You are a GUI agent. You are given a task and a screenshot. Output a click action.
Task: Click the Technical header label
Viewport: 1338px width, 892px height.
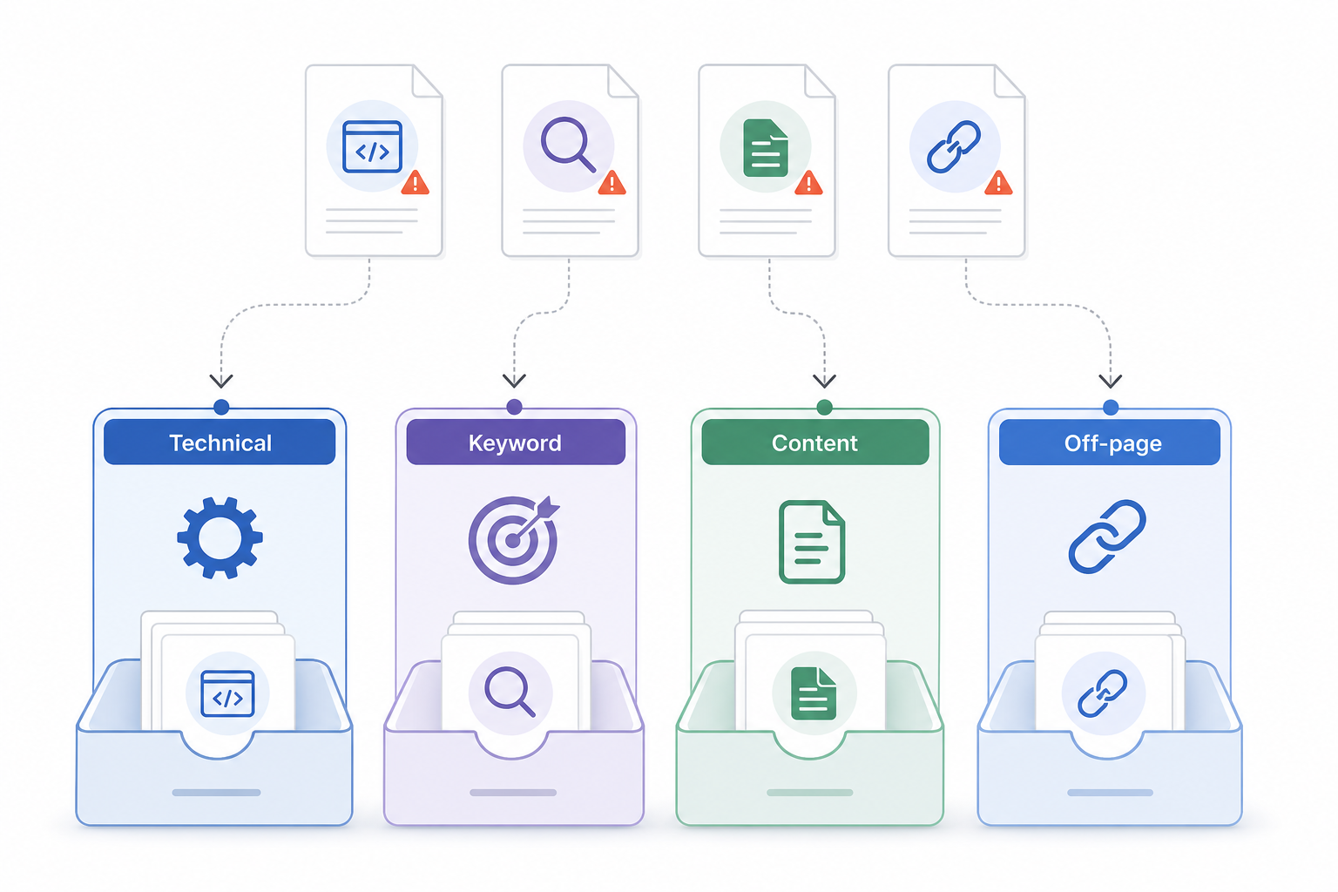tap(220, 443)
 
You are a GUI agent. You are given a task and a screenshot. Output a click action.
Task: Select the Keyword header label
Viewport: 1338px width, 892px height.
tap(515, 443)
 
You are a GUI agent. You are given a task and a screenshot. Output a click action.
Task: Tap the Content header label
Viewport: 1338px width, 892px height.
tap(814, 443)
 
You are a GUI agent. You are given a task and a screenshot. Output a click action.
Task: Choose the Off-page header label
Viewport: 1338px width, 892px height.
tap(1112, 443)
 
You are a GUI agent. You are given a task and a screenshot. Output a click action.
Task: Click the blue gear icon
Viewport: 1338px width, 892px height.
tap(220, 537)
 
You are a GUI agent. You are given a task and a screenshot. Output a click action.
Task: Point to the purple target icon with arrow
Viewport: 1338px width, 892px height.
tap(514, 539)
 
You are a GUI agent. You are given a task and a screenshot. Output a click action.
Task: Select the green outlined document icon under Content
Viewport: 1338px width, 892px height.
tap(812, 541)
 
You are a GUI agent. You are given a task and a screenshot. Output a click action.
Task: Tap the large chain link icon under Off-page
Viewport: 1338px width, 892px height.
tap(1107, 536)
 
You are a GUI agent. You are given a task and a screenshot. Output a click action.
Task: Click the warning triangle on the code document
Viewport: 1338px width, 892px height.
tap(416, 183)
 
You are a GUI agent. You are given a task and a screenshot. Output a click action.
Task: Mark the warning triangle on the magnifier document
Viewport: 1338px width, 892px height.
tap(612, 183)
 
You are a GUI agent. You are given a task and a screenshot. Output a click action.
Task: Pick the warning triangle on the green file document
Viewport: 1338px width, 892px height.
tap(808, 183)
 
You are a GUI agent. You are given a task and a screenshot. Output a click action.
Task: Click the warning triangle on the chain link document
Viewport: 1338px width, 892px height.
tap(998, 183)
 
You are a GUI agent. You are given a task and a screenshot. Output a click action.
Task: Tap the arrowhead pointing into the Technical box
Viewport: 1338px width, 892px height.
tap(221, 381)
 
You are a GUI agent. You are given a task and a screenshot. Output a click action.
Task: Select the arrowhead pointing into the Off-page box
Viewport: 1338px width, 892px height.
tap(1111, 381)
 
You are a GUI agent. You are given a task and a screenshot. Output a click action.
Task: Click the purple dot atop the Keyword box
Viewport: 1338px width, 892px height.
tap(514, 407)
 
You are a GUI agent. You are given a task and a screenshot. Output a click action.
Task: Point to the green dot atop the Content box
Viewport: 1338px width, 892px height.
tap(824, 408)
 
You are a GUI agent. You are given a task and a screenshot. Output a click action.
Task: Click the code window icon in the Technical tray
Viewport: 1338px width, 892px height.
tap(227, 693)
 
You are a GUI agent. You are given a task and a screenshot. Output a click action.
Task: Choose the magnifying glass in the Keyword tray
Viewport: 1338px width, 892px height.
tap(510, 692)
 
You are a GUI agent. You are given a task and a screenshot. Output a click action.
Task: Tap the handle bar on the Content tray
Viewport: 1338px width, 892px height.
tap(809, 793)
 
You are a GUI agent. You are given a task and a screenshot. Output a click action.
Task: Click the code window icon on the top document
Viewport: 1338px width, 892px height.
tap(372, 146)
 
